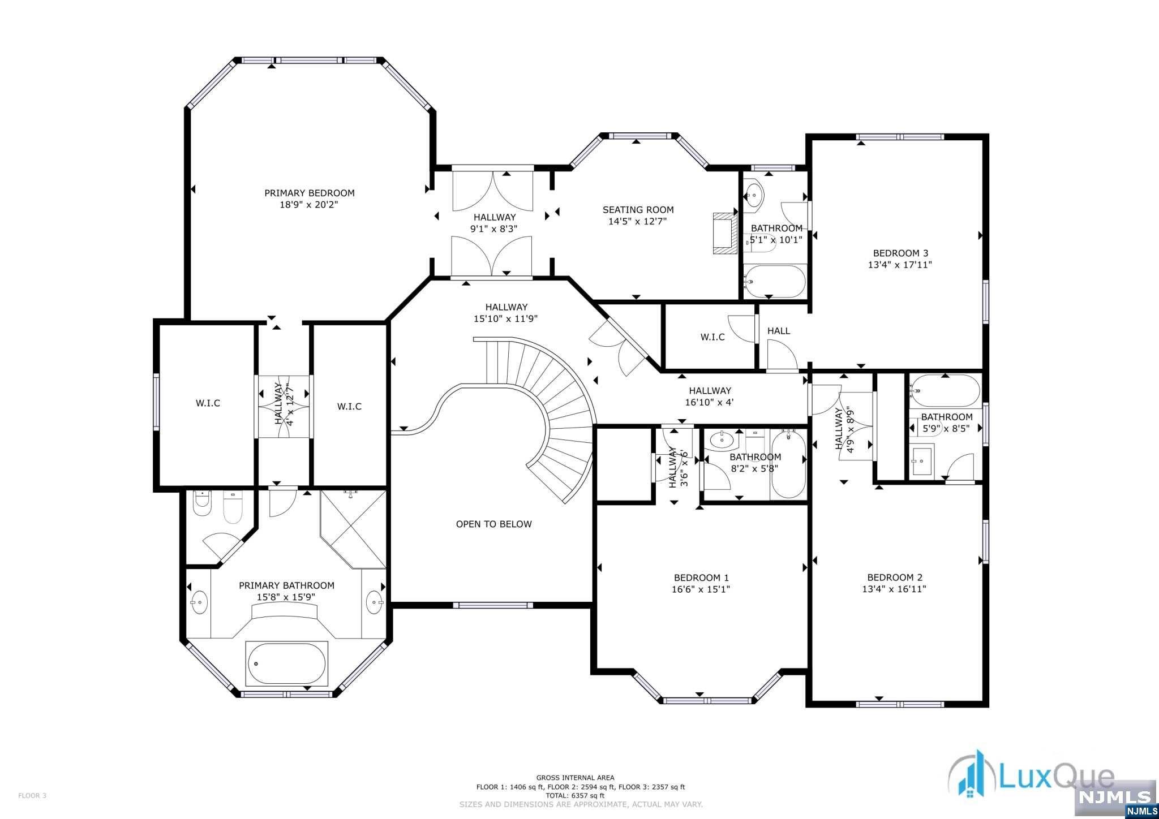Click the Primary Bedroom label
click(310, 193)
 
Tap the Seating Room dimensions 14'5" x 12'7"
click(638, 221)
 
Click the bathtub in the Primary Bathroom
click(286, 663)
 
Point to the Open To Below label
click(494, 524)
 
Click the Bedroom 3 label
click(900, 253)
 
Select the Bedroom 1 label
click(701, 577)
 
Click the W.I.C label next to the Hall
click(712, 337)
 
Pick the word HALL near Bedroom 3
click(779, 331)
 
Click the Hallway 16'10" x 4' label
click(710, 396)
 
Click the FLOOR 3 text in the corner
click(32, 796)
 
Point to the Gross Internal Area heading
click(576, 778)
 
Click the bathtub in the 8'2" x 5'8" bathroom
click(788, 464)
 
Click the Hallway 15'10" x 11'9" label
click(506, 313)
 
